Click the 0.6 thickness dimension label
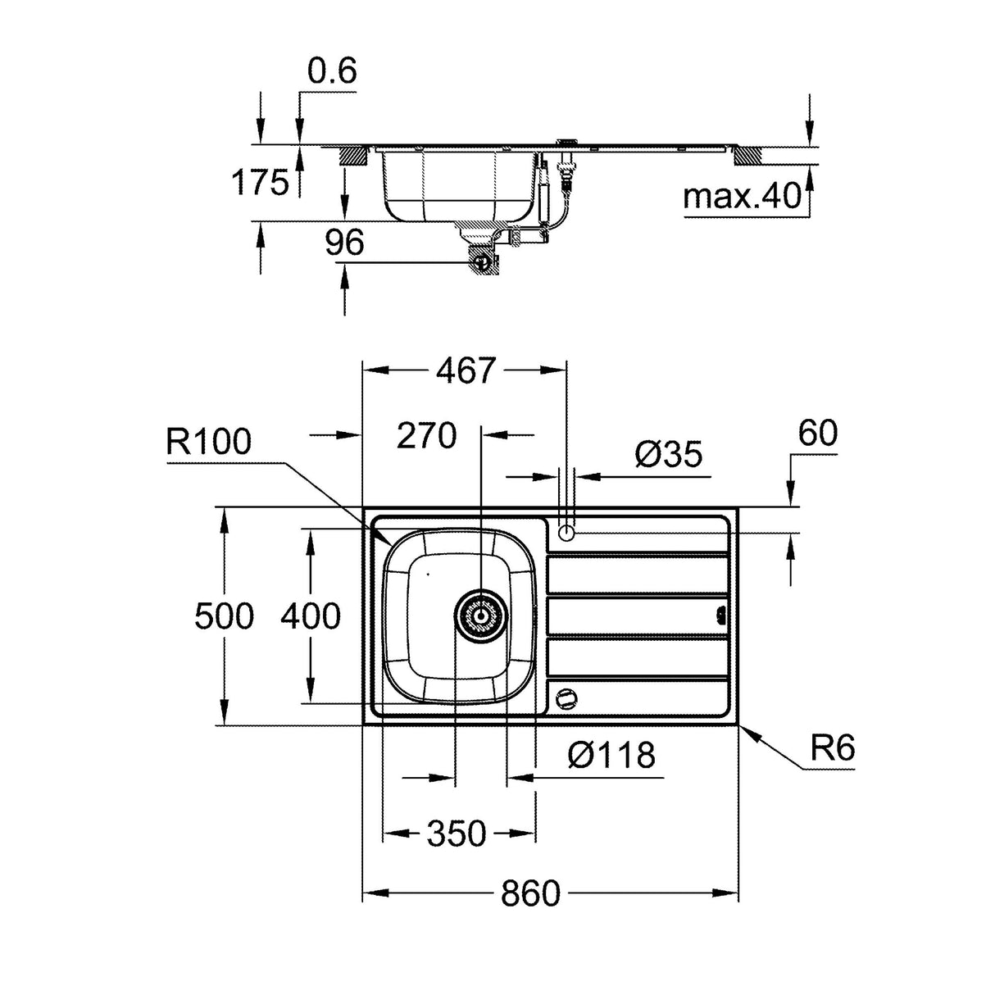[332, 72]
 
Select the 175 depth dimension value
[260, 182]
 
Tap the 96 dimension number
[343, 243]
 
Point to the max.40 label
[742, 196]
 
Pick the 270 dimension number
[426, 436]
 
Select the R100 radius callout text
[208, 442]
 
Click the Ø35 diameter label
[669, 453]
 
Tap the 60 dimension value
[816, 433]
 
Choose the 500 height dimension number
[224, 616]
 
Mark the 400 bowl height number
[310, 616]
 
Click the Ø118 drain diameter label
[611, 755]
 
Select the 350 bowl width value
[457, 834]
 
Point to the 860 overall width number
[530, 893]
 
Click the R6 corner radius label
[832, 747]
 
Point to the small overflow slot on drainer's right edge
[721, 614]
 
